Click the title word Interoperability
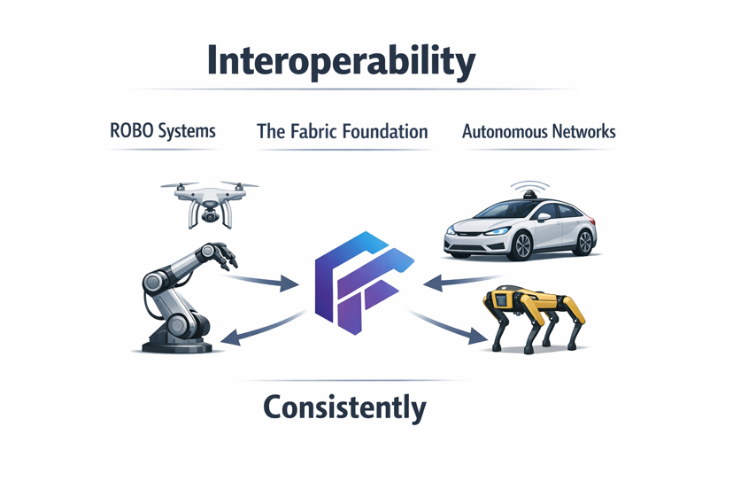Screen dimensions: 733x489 pyautogui.click(x=341, y=60)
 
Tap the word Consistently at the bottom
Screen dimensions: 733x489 pyautogui.click(x=344, y=407)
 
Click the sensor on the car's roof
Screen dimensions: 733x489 pyautogui.click(x=526, y=189)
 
